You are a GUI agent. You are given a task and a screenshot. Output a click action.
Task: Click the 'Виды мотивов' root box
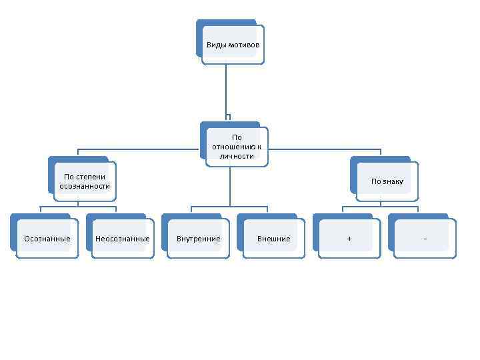[x=233, y=45]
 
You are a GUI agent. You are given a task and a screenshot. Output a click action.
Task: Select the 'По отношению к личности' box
[x=237, y=147]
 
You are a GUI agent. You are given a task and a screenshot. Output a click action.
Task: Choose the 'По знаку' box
[x=387, y=181]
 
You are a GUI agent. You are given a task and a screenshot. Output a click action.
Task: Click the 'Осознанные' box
[x=47, y=239]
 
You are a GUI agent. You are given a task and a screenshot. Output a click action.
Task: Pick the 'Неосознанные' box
[x=122, y=239]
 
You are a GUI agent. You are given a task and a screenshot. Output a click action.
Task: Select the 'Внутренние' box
[x=198, y=239]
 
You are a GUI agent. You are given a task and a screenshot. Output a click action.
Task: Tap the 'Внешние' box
[x=273, y=239]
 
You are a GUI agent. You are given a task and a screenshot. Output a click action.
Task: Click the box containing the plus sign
[x=349, y=239]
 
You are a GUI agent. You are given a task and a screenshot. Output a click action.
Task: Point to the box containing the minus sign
[x=425, y=239]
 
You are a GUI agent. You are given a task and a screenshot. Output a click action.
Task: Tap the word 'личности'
[x=237, y=155]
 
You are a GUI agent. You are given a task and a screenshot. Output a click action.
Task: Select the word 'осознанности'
[x=85, y=186]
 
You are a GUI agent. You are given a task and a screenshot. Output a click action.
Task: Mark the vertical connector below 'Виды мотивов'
[x=226, y=90]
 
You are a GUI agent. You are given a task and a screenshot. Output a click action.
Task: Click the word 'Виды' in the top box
[x=216, y=45]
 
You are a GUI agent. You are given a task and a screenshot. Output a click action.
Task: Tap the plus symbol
[x=349, y=239]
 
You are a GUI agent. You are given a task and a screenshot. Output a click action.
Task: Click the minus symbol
[x=425, y=239]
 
